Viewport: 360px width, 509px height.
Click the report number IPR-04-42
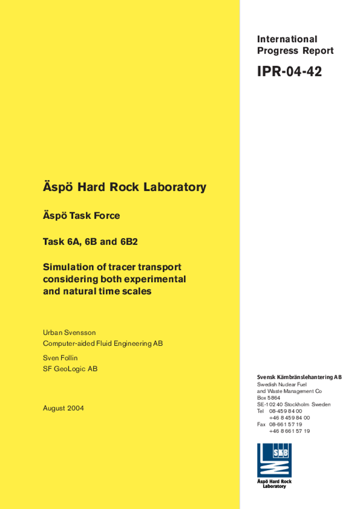point(289,72)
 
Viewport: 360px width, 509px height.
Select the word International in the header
point(287,39)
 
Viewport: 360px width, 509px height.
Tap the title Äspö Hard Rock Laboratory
point(124,187)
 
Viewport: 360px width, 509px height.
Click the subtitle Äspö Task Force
point(81,216)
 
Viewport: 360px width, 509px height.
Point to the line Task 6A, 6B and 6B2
point(90,242)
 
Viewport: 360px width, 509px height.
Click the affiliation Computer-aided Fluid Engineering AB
point(102,343)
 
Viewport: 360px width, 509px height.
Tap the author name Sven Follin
point(60,358)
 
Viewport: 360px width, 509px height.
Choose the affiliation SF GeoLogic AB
point(70,369)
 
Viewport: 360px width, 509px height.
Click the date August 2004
point(63,408)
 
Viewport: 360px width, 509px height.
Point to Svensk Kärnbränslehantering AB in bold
point(299,377)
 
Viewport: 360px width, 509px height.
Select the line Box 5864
point(269,398)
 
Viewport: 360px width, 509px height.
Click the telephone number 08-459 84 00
point(285,411)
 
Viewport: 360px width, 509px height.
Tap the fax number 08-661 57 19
point(285,424)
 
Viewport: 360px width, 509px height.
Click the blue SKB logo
point(274,460)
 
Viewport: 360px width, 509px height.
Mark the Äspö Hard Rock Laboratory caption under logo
point(274,484)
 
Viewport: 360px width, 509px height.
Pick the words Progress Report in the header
point(295,51)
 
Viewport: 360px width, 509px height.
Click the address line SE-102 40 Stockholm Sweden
point(293,405)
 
